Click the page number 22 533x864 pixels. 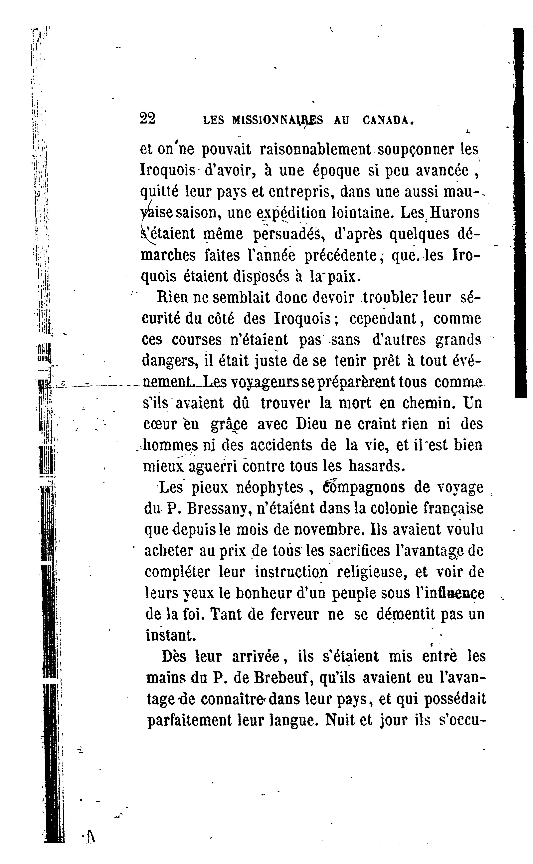click(x=147, y=119)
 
